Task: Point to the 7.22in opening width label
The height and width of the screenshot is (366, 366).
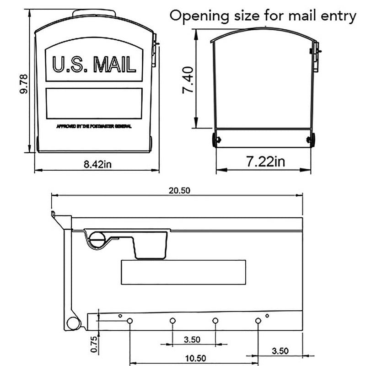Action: click(x=265, y=161)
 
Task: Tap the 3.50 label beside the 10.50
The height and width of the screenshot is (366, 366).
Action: click(x=280, y=351)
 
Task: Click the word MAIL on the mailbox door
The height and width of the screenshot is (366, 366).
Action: click(x=115, y=65)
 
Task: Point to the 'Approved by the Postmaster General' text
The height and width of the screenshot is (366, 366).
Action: click(x=94, y=126)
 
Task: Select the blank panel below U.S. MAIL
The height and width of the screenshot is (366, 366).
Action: click(x=94, y=103)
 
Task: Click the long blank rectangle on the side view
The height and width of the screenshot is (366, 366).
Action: click(x=183, y=272)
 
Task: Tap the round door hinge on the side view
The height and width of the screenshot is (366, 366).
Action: click(x=73, y=323)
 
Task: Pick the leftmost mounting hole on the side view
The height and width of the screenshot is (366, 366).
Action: click(x=129, y=321)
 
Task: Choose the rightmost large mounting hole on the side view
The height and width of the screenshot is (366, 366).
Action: click(x=258, y=321)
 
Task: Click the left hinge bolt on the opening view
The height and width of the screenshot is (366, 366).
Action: click(x=215, y=140)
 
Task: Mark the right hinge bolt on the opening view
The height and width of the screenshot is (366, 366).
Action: click(x=312, y=140)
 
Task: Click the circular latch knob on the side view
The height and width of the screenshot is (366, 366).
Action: click(x=97, y=238)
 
